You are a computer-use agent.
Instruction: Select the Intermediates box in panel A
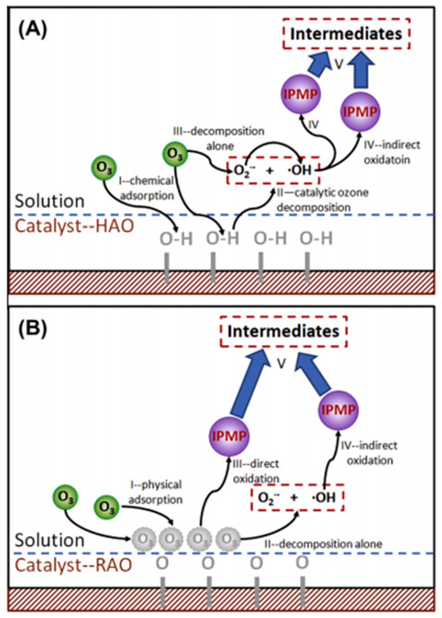pos(346,34)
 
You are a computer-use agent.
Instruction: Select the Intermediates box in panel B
pos(283,331)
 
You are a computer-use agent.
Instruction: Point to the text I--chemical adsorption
pos(147,188)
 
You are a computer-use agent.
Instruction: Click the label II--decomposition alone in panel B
pos(323,544)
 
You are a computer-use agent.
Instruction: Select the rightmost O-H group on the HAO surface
pos(316,239)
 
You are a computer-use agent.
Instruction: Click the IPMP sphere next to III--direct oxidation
pos(229,436)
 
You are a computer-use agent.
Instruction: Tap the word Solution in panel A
pos(50,201)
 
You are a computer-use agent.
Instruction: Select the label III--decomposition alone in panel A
pos(219,139)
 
